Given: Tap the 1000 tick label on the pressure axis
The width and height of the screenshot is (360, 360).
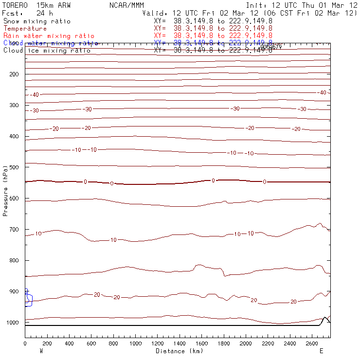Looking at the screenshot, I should click(x=15, y=323).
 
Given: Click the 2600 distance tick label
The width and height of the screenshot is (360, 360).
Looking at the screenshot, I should click(x=313, y=343).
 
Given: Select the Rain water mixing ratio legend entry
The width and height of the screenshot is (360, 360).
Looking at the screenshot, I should click(x=49, y=36).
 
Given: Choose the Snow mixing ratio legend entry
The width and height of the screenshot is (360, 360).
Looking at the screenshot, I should click(x=36, y=21).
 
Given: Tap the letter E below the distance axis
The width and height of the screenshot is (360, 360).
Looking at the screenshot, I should click(x=321, y=351).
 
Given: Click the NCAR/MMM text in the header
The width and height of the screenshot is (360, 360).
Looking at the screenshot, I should click(x=126, y=5).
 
